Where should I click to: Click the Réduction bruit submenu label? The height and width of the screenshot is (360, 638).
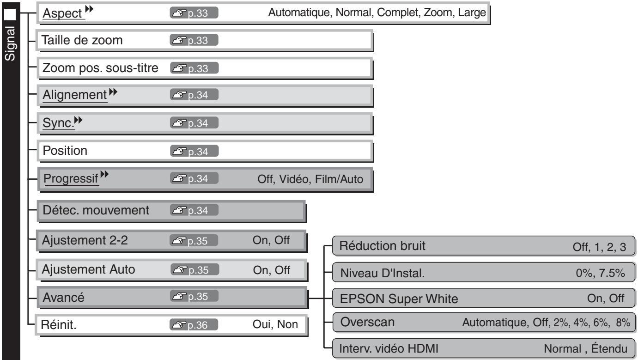[382, 245]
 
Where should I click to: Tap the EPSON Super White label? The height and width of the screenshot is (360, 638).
[399, 299]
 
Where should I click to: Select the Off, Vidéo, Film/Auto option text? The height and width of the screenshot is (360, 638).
[311, 179]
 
